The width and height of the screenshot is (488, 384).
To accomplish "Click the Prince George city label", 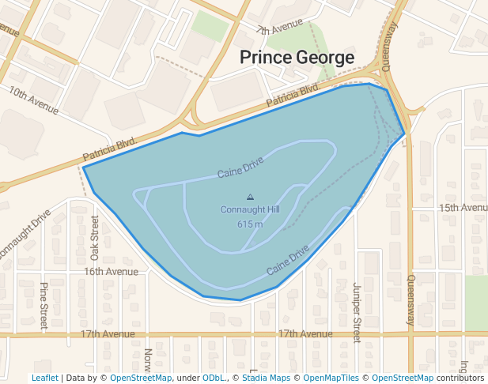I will click(x=297, y=58).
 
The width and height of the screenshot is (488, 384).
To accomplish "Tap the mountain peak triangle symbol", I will click(x=251, y=197).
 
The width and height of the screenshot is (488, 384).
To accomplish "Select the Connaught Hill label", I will click(x=250, y=209).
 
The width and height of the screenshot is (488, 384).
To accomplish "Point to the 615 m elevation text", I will click(x=250, y=224).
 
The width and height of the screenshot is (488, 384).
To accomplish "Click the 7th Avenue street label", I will click(x=280, y=29).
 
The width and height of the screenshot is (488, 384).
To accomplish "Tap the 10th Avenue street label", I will click(x=35, y=97).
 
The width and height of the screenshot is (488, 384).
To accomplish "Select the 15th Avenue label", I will click(x=463, y=208).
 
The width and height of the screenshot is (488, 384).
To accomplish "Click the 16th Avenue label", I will click(x=111, y=271).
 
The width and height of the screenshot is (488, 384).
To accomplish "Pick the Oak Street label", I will click(x=95, y=238).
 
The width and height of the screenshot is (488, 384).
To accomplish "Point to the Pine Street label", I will click(x=44, y=306).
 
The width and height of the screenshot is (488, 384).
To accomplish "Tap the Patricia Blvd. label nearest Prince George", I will click(x=292, y=96).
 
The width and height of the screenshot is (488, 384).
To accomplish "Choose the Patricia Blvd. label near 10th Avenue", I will click(x=110, y=148).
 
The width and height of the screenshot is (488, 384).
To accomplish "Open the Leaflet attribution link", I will click(x=44, y=378).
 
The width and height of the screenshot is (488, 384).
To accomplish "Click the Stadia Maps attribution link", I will click(x=266, y=378).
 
